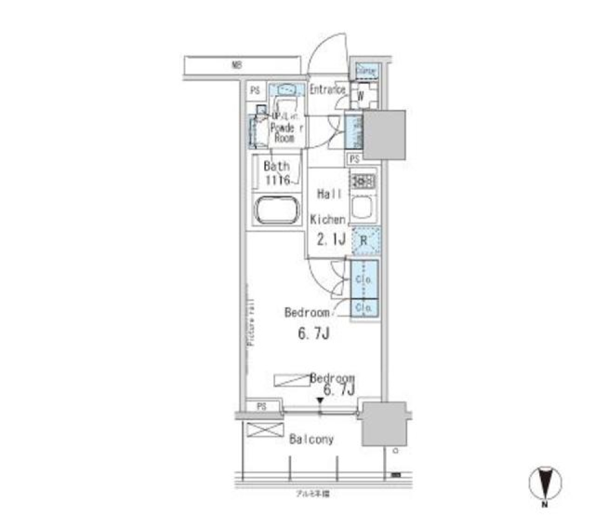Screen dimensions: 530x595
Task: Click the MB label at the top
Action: coord(236,64)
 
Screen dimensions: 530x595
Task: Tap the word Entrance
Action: coord(327,90)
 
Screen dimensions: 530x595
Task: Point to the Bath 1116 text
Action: coord(276,173)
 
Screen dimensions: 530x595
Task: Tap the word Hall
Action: coord(329,194)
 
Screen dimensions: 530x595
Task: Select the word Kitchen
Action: coord(327,219)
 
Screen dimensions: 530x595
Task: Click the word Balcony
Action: coord(311,439)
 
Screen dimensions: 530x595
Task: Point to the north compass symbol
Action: coord(545,482)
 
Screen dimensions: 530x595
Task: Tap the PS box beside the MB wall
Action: coord(255,91)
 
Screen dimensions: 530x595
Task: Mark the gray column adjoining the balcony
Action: coord(384,424)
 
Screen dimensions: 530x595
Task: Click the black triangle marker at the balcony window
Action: coord(320,402)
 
